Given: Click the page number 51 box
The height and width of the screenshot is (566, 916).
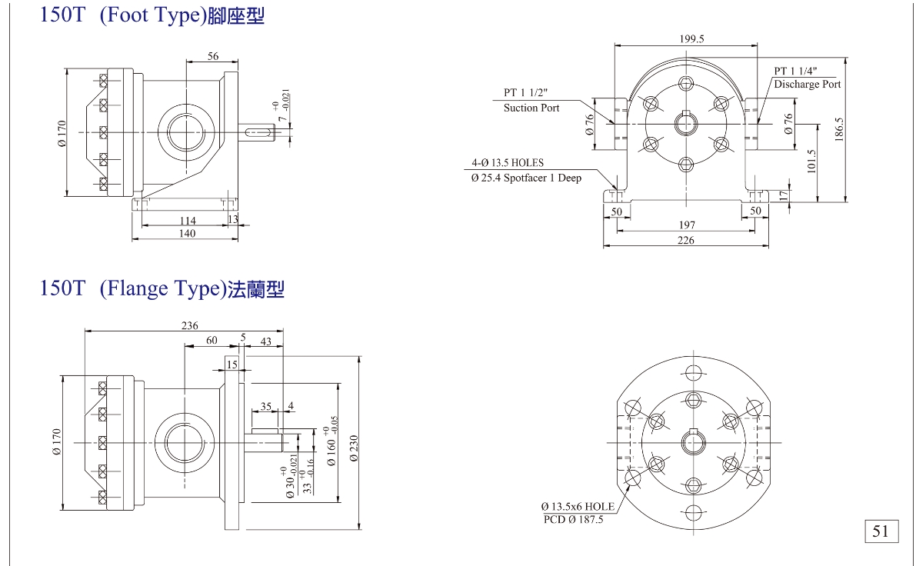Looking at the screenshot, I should (x=881, y=531).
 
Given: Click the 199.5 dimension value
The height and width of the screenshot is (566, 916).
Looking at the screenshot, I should (x=692, y=38).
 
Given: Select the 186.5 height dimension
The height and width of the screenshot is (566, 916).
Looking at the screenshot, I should (x=840, y=128).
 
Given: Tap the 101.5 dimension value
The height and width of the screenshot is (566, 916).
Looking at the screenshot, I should (x=812, y=161).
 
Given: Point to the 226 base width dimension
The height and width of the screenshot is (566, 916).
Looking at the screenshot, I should (x=686, y=241).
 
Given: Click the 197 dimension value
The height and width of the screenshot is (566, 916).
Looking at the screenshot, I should (x=688, y=225).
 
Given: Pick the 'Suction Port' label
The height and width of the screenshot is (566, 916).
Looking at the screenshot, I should (x=531, y=108).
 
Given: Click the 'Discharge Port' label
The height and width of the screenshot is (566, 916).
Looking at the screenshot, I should (x=808, y=85).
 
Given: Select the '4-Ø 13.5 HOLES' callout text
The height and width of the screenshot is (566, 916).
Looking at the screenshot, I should (x=508, y=163).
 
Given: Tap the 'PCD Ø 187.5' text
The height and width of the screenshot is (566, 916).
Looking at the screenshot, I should (x=573, y=519).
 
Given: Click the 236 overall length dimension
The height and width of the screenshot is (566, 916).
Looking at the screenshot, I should (x=189, y=325).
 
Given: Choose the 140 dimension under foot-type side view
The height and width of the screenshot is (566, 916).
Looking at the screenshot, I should (x=187, y=234).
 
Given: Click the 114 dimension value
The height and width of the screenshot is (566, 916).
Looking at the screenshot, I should (x=187, y=221).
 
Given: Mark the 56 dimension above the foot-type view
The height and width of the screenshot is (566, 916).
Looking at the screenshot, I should (x=213, y=55).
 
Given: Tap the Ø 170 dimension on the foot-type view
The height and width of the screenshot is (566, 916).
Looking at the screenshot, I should (x=62, y=133).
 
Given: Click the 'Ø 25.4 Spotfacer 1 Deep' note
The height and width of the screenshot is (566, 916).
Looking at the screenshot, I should (x=525, y=178).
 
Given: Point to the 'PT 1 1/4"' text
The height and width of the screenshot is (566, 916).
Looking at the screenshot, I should (x=795, y=70).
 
